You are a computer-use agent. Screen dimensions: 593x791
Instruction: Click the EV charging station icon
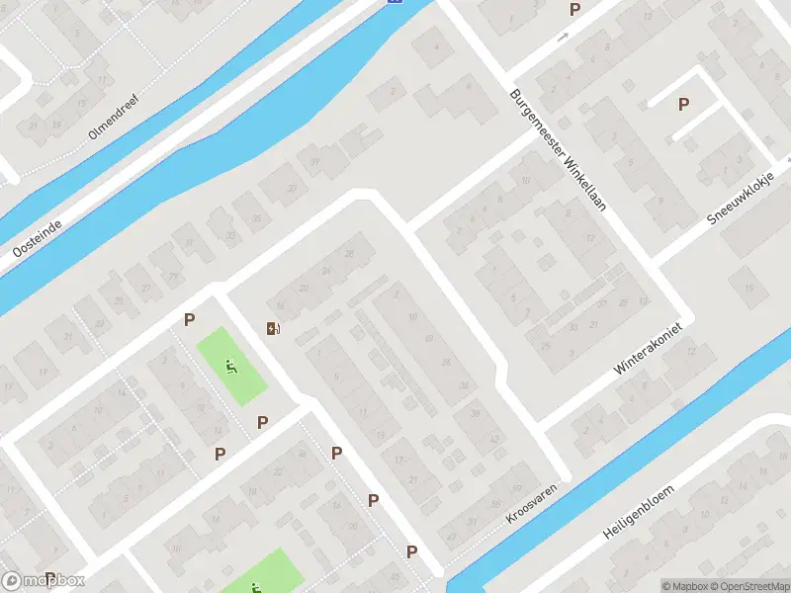tap(273, 328)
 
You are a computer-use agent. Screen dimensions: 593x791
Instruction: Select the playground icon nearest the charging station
tap(231, 368)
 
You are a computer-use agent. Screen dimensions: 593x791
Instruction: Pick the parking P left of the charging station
tap(189, 319)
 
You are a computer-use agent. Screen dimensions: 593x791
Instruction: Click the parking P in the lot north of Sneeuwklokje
tap(682, 104)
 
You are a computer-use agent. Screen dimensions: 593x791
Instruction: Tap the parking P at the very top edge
tap(574, 9)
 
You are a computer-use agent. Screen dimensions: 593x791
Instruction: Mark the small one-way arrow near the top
tap(563, 38)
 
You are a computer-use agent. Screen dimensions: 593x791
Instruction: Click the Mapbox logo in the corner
tap(44, 581)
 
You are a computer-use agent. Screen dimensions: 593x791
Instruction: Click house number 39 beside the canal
tap(315, 162)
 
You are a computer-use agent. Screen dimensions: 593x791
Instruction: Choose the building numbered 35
tap(258, 218)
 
